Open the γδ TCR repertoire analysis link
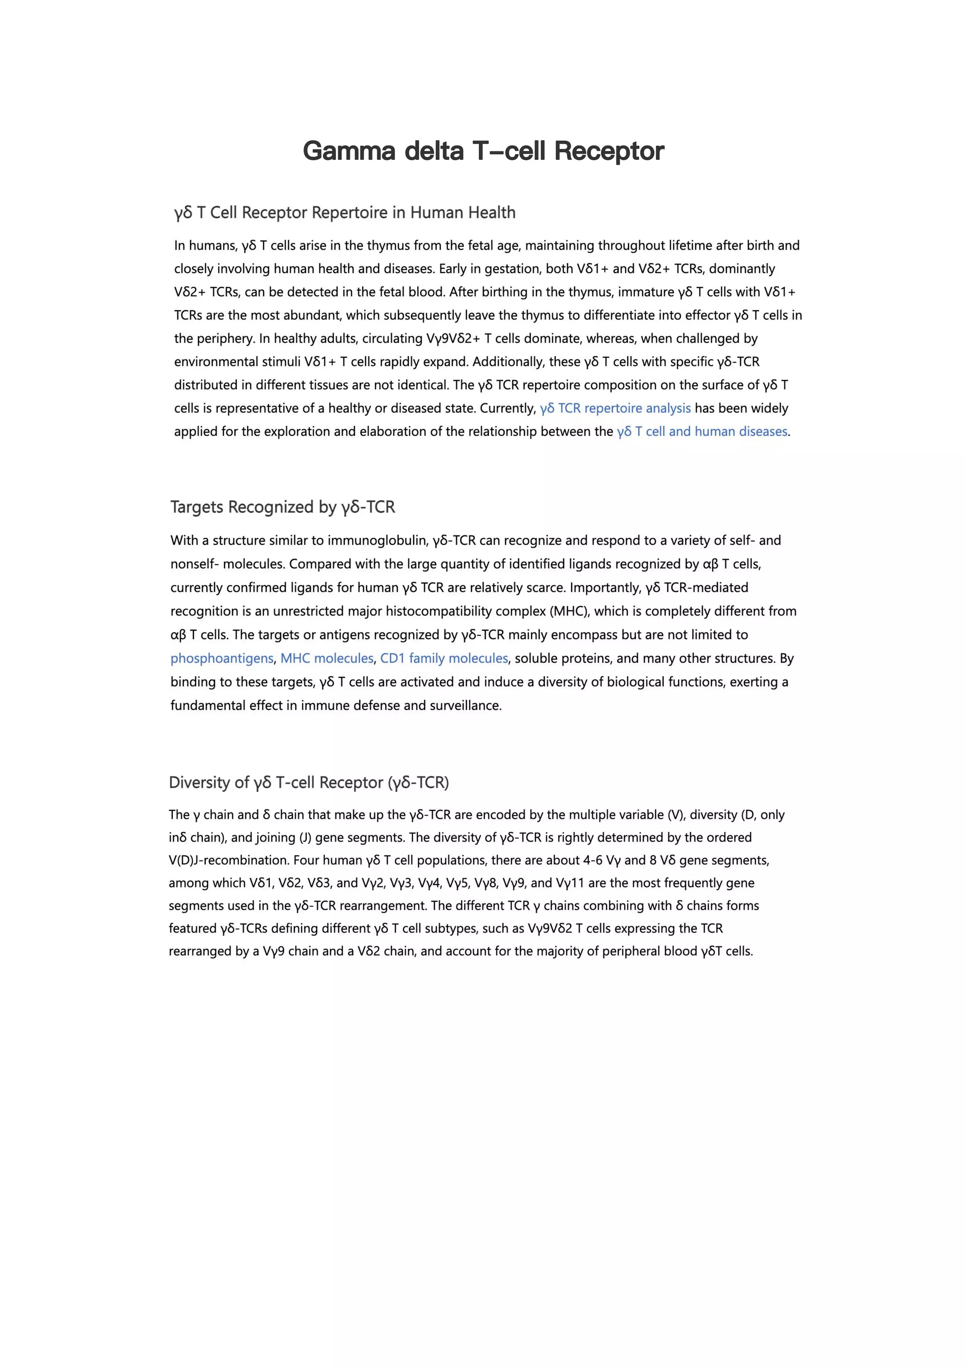click(x=615, y=408)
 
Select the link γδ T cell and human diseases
click(x=702, y=431)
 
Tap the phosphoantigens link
click(x=222, y=658)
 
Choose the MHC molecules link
click(x=326, y=658)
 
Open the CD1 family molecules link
click(x=444, y=658)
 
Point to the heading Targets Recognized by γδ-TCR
click(x=283, y=507)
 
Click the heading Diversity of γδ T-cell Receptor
click(x=309, y=783)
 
